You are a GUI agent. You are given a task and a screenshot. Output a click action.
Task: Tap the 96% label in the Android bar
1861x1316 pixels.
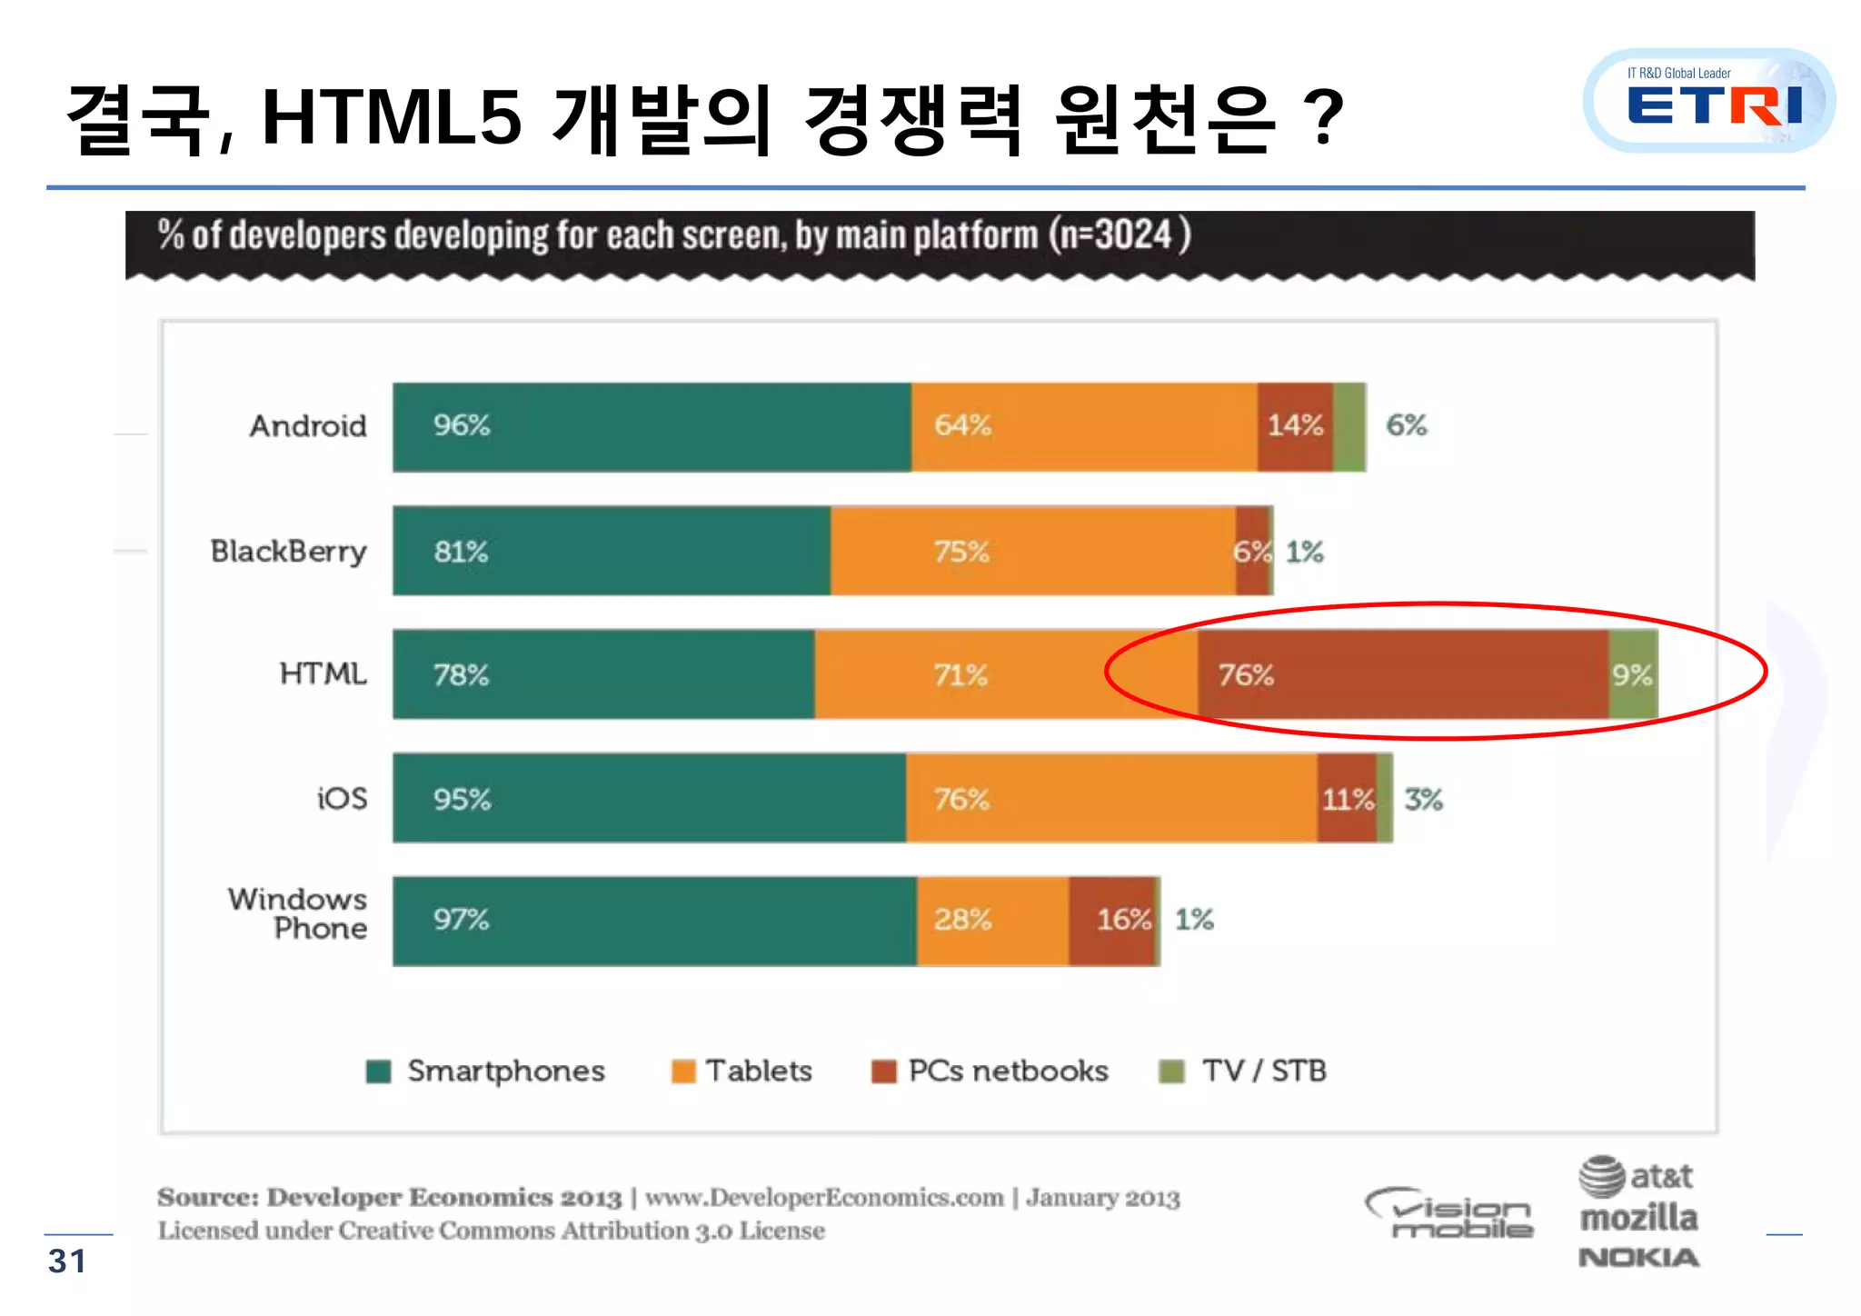[461, 425]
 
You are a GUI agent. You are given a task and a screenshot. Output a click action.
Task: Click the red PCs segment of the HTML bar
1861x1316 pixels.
[1402, 674]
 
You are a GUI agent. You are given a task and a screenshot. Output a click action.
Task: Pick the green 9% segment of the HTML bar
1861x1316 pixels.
[1633, 674]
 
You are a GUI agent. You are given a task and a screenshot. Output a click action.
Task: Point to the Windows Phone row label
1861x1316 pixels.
[298, 913]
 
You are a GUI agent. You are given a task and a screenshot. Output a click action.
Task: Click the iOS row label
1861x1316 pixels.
[342, 799]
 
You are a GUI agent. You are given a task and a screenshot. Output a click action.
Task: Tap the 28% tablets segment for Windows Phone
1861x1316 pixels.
[991, 920]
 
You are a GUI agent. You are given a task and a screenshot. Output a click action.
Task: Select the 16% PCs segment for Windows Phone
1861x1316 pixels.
[1112, 920]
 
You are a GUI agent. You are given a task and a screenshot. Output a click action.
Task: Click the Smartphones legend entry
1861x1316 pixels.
[486, 1072]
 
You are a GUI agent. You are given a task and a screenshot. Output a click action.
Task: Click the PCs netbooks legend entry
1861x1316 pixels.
[990, 1072]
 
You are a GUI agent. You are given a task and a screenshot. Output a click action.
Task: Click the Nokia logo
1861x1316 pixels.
[1638, 1258]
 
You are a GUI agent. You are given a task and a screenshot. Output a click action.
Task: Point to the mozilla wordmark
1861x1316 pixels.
[1638, 1218]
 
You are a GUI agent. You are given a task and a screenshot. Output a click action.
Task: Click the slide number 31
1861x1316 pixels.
[67, 1261]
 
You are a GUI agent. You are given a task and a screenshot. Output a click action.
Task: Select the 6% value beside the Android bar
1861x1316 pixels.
[1406, 425]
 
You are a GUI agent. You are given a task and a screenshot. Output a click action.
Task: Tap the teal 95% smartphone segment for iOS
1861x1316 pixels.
[649, 798]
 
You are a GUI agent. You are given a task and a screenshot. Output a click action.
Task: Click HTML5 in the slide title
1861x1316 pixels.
[392, 118]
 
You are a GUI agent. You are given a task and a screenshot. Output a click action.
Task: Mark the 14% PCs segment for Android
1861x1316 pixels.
[1295, 425]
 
